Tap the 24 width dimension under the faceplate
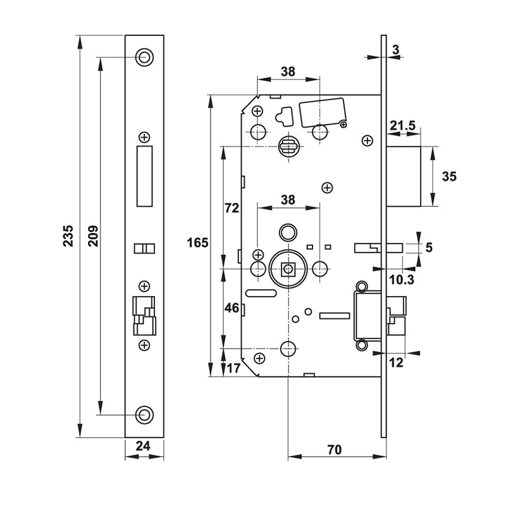tap(144, 446)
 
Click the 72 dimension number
tap(231, 207)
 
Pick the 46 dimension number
tap(231, 309)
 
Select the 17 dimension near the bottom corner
tap(233, 367)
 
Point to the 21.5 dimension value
tap(402, 126)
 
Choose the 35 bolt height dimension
tap(449, 176)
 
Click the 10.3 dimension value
tap(398, 278)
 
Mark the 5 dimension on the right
tap(428, 247)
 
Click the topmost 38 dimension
tap(288, 71)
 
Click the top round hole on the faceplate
tap(145, 57)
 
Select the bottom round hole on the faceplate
tap(145, 414)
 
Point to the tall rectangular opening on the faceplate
tap(145, 176)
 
